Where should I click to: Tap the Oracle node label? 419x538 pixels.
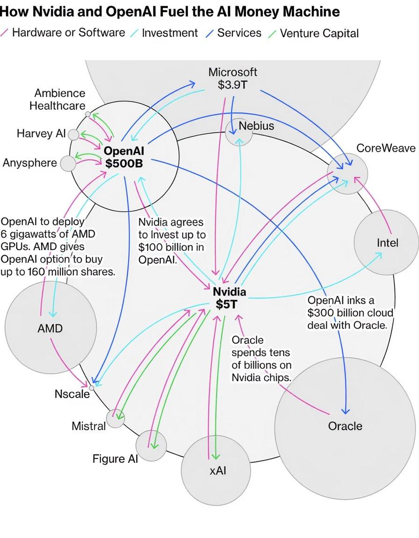click(345, 425)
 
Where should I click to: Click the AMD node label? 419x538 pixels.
click(50, 328)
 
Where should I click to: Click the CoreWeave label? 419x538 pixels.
click(385, 148)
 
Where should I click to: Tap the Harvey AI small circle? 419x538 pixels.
click(73, 134)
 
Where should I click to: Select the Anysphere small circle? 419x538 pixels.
click(68, 163)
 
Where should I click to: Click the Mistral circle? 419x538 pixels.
click(116, 418)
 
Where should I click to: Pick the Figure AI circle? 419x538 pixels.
click(151, 445)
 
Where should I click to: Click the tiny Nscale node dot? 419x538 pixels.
click(92, 388)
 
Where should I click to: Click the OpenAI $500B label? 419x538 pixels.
click(124, 157)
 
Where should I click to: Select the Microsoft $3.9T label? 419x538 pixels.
click(232, 78)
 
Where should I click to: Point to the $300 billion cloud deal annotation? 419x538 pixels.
click(350, 312)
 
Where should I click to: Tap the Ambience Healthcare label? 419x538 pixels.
click(58, 99)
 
